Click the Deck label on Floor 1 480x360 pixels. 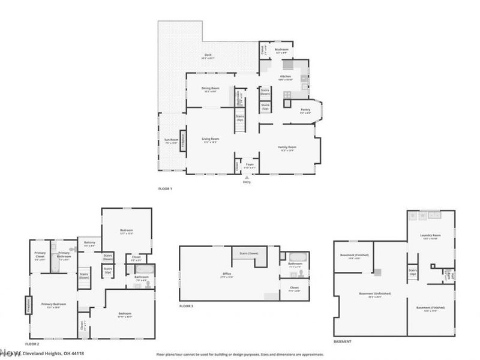click(208, 55)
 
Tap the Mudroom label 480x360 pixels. click(282, 49)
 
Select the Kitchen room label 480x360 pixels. click(286, 76)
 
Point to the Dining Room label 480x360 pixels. click(210, 88)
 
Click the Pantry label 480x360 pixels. click(305, 110)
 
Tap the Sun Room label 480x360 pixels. click(171, 140)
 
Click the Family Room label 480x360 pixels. click(287, 147)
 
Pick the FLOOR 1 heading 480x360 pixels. click(165, 190)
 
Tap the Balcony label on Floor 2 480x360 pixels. click(90, 242)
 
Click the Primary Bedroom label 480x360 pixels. click(53, 304)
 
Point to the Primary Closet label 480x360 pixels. click(40, 253)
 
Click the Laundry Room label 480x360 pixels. click(431, 235)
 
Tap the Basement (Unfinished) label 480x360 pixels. click(375, 293)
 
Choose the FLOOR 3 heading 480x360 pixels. click(186, 306)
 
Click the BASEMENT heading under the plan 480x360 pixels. click(342, 341)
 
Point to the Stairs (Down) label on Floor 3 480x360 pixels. click(249, 253)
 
